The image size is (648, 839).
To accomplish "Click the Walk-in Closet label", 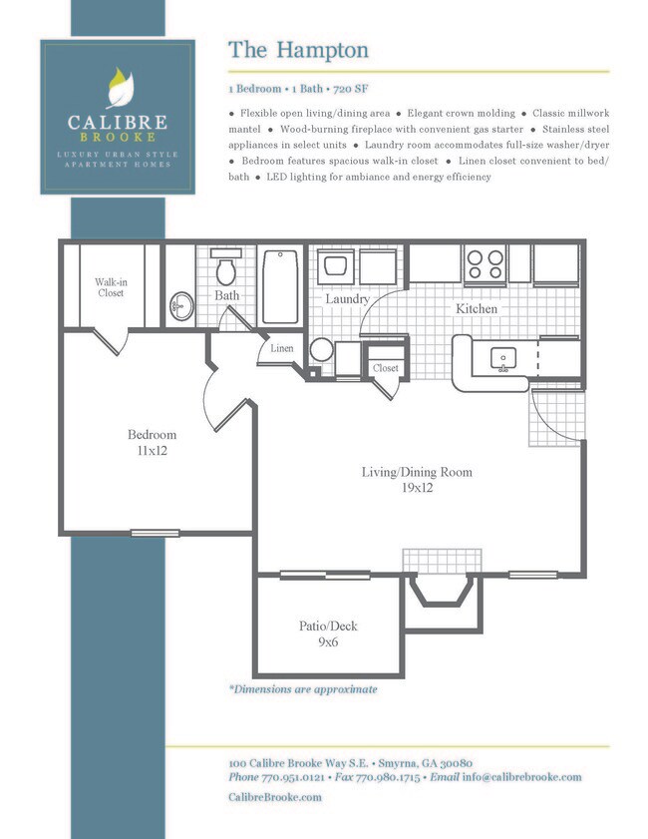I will (x=111, y=287).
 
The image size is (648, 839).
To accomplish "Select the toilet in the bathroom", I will (x=226, y=270).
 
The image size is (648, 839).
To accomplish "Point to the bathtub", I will (x=280, y=284).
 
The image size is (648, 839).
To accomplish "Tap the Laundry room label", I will (x=347, y=298).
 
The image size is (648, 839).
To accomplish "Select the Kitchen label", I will (x=477, y=309).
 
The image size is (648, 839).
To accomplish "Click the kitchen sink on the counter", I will (x=500, y=358).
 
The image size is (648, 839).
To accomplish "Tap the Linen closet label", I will (x=282, y=348).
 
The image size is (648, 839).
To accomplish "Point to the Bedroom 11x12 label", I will (x=152, y=442).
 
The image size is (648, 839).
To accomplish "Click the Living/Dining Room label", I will (x=417, y=480).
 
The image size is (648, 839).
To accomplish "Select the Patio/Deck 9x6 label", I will (x=328, y=634).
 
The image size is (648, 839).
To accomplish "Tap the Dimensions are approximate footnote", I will (x=303, y=688).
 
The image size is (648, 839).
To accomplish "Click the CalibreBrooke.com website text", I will (x=275, y=796).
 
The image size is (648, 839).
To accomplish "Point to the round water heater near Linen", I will (x=322, y=350).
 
